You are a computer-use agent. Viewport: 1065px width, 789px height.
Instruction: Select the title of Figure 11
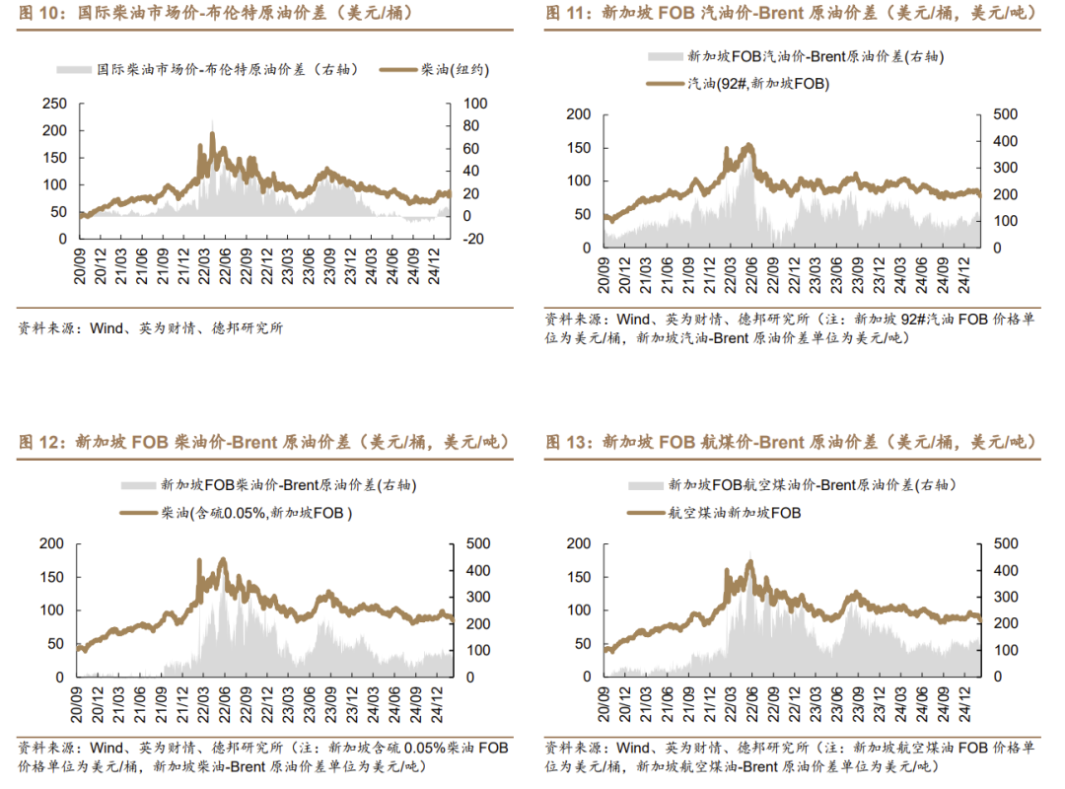point(789,14)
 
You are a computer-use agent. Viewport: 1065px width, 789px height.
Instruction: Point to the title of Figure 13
point(789,442)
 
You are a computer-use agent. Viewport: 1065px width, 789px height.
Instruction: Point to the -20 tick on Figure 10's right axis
point(475,239)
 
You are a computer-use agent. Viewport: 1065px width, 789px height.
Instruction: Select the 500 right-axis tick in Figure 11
point(1000,114)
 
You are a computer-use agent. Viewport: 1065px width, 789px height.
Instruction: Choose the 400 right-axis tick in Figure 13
point(1000,571)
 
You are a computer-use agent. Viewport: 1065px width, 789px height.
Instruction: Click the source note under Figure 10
point(151,328)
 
